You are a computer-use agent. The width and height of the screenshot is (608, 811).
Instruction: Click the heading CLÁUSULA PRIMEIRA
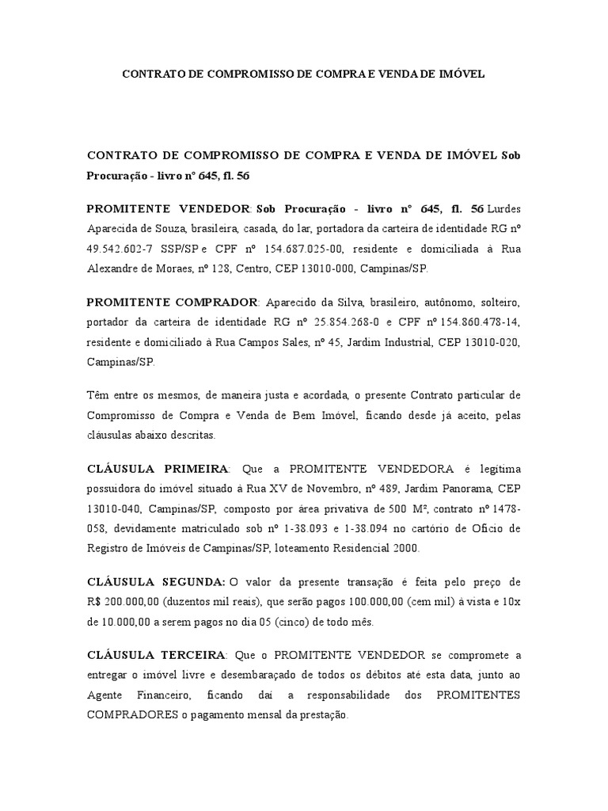(158, 468)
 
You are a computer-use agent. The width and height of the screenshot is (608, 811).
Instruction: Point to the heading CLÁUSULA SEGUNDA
(156, 582)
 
